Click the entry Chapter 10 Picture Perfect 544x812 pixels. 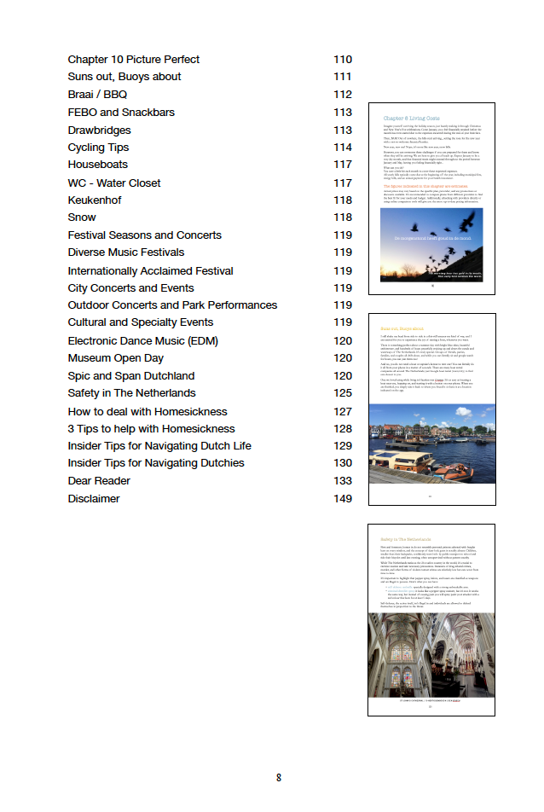[x=134, y=60]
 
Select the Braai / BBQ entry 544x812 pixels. [x=97, y=95]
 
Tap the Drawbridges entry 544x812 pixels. [x=100, y=130]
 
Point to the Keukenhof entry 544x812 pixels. [x=95, y=200]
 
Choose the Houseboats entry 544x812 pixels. [x=98, y=165]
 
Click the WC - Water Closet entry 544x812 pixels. [x=114, y=183]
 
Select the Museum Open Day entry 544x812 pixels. [x=116, y=358]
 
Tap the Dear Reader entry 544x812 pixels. [x=99, y=481]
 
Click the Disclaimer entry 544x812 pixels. [x=94, y=499]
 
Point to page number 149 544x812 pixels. [x=343, y=499]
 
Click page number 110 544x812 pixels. [x=343, y=60]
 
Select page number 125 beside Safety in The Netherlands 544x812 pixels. [x=343, y=393]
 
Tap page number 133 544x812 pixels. [x=343, y=481]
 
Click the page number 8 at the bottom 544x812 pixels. [x=278, y=778]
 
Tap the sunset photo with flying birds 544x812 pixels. [x=431, y=244]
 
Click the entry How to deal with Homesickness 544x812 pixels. [x=148, y=411]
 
